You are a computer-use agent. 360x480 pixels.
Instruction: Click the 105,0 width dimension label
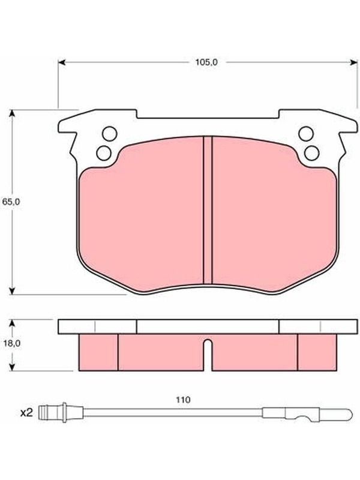(x=206, y=62)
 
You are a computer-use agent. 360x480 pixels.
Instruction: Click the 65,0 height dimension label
(x=11, y=202)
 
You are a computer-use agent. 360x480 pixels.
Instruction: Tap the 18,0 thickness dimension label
(x=11, y=343)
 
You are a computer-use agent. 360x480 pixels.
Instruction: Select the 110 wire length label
(x=183, y=400)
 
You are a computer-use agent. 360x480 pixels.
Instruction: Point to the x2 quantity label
(x=26, y=413)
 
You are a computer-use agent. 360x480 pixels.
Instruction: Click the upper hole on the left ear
(x=110, y=134)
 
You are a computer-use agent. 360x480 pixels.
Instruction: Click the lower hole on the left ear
(x=104, y=153)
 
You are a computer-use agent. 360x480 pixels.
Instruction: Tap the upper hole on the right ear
(x=306, y=134)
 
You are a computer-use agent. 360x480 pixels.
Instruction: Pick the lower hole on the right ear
(x=312, y=153)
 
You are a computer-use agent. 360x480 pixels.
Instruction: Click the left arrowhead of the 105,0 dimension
(x=62, y=62)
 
